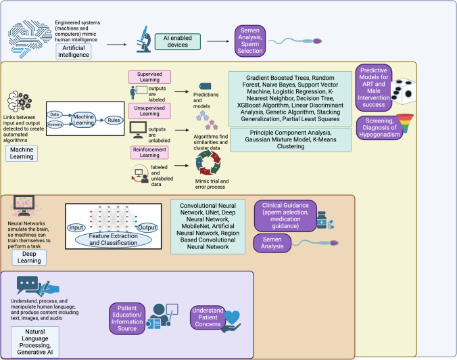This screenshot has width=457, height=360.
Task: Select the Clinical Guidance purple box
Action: [x=281, y=216]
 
